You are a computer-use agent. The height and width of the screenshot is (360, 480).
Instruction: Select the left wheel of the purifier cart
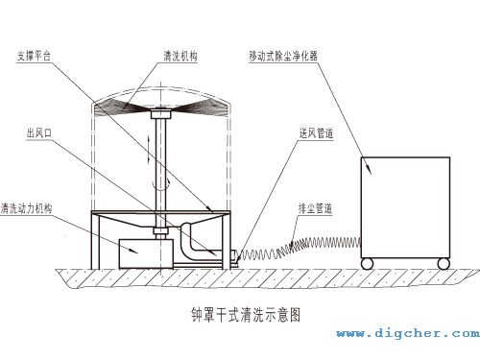pos(367,262)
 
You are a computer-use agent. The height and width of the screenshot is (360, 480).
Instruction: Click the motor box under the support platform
pos(137,253)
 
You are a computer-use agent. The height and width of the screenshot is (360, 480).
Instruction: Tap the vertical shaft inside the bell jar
pos(159,173)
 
